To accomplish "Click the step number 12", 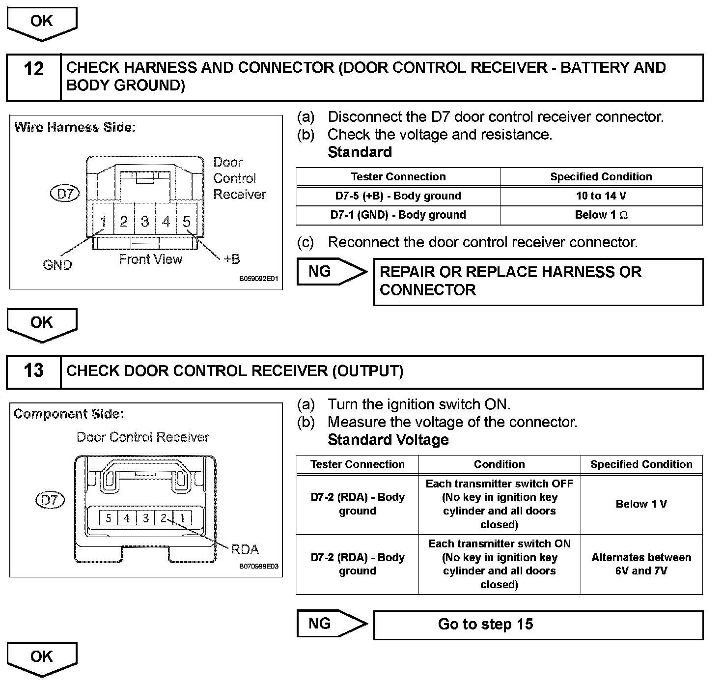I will click(x=33, y=69).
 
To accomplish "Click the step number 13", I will click(x=33, y=371).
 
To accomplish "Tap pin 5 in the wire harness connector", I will click(x=187, y=222).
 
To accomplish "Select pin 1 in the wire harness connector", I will click(x=104, y=222).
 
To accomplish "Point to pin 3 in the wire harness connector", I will click(x=145, y=222).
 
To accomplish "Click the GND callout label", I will click(x=57, y=265).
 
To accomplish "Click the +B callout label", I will click(x=231, y=259).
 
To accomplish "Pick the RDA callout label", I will click(x=245, y=549).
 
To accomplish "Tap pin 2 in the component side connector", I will click(x=164, y=518).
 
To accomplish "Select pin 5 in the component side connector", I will click(x=109, y=518).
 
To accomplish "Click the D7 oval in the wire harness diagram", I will click(x=65, y=194).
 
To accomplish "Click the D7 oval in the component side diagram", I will click(x=50, y=500).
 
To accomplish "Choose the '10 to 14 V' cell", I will click(x=601, y=196).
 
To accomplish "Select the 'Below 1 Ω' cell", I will click(x=601, y=215).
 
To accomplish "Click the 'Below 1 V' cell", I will click(x=641, y=504).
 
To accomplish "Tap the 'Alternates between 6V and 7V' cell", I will click(x=641, y=564).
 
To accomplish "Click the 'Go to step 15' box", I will click(x=538, y=625).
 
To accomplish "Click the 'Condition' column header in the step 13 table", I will click(x=499, y=464).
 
